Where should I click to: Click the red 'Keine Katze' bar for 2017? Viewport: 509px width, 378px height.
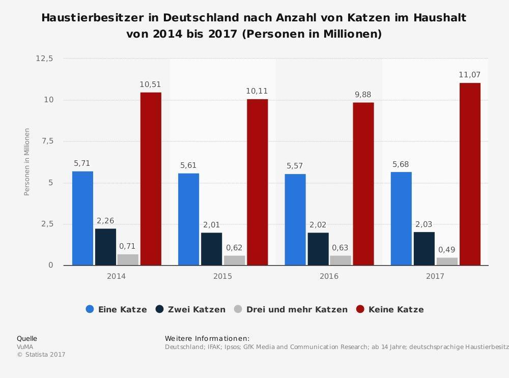[470, 174]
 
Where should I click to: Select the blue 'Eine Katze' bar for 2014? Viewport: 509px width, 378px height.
[82, 218]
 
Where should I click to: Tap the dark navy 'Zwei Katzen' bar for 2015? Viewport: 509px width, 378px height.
[211, 249]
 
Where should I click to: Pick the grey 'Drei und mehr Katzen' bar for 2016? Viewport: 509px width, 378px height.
[341, 260]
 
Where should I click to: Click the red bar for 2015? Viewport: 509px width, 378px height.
[257, 182]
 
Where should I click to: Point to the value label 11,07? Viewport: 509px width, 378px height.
[469, 75]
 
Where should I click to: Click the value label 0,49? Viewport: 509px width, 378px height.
[446, 250]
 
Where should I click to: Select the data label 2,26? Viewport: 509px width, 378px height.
[105, 221]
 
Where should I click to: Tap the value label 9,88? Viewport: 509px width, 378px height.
[364, 95]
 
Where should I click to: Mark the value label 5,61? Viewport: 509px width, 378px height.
[188, 165]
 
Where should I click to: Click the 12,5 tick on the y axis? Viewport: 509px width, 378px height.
[44, 59]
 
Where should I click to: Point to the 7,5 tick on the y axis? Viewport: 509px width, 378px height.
[47, 141]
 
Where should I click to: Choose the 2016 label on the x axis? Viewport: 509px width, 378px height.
[329, 276]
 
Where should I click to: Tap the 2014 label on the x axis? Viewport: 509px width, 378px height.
[116, 276]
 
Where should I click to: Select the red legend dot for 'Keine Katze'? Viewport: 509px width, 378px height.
[360, 309]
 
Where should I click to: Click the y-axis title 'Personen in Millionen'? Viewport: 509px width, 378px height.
[27, 162]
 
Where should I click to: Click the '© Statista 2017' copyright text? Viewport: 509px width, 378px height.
[41, 355]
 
